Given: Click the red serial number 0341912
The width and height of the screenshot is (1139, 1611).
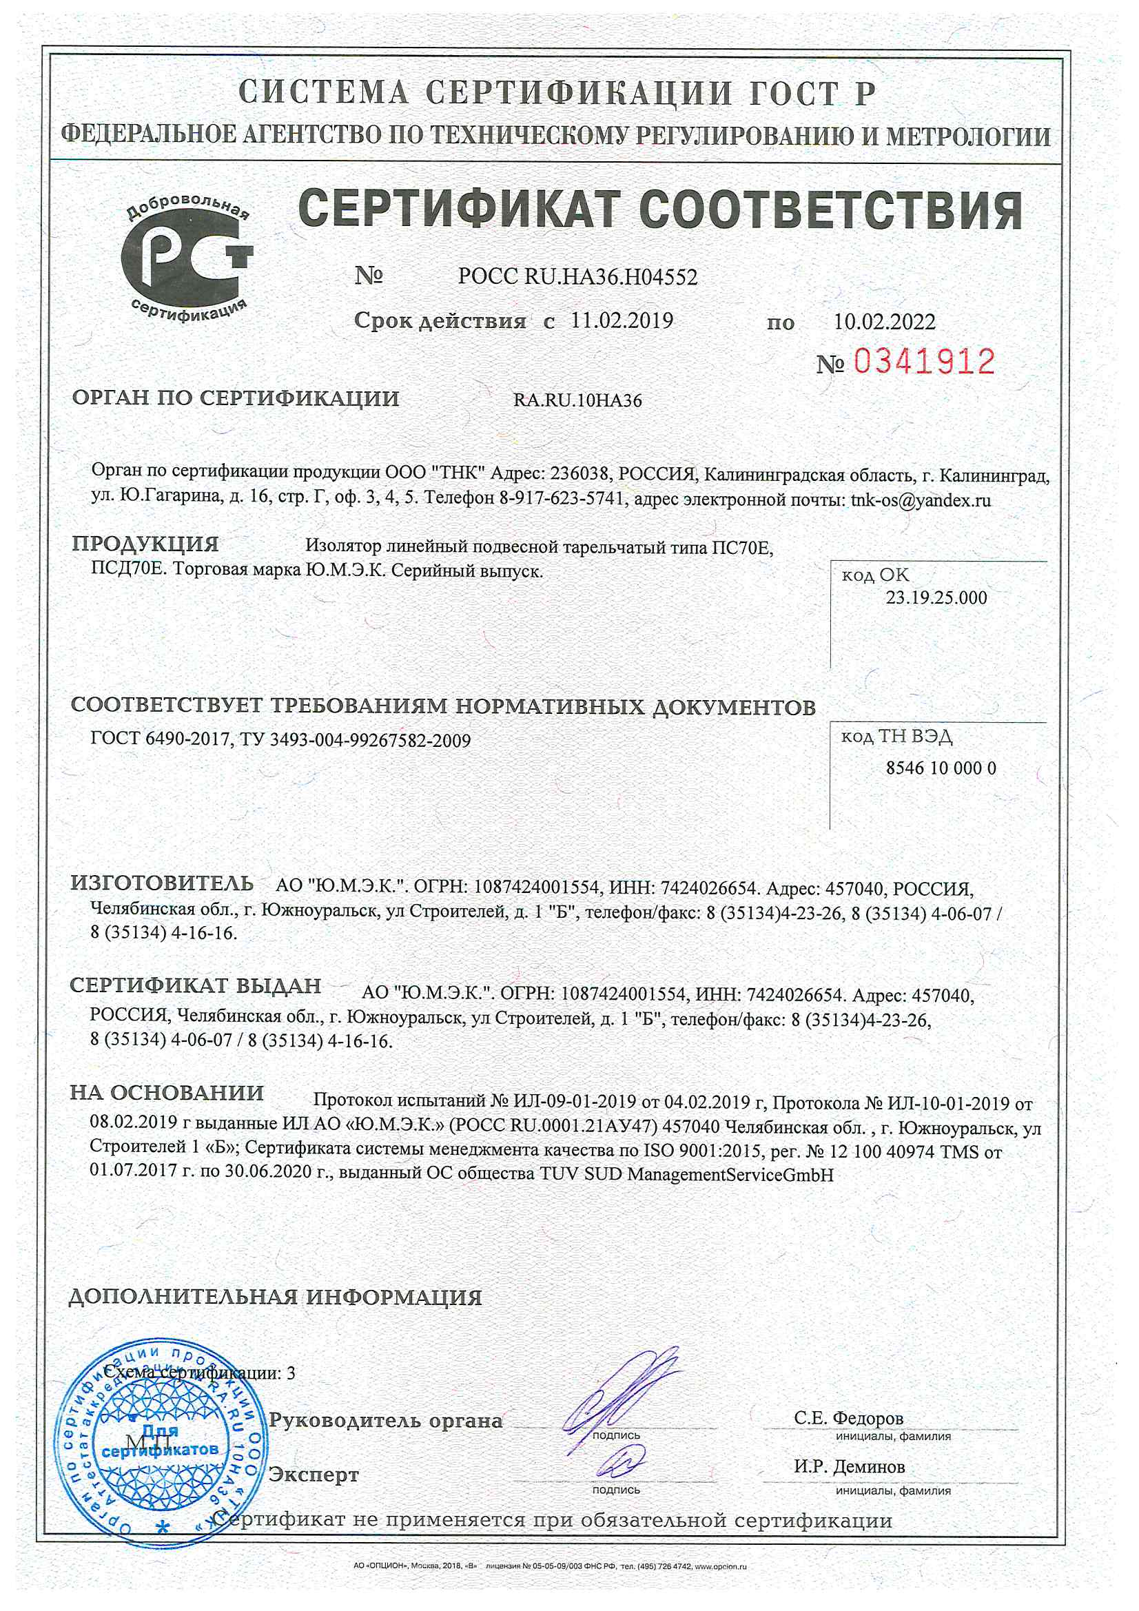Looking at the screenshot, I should tap(924, 362).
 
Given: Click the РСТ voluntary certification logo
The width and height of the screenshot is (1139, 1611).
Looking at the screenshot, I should tap(187, 259).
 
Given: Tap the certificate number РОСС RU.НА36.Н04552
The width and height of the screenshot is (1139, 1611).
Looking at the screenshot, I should tap(577, 277).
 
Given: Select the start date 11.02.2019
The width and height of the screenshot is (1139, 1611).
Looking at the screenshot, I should tap(622, 320).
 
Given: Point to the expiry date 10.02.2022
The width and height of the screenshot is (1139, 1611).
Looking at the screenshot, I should tap(884, 322).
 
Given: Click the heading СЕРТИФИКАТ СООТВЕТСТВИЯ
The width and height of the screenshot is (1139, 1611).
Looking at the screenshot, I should tap(659, 209).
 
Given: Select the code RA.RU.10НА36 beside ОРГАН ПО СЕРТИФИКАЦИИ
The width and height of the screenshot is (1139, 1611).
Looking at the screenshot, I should tap(577, 400).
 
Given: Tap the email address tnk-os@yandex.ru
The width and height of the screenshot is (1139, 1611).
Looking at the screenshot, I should tap(921, 500).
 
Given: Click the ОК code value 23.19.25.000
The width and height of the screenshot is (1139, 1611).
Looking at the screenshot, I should tap(936, 598).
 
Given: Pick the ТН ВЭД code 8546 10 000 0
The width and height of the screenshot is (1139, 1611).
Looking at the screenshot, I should tap(941, 768).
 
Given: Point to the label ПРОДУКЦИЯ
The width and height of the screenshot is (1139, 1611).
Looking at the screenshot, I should tap(145, 544).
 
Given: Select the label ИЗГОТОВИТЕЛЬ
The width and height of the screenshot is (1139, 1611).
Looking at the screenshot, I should tap(162, 883).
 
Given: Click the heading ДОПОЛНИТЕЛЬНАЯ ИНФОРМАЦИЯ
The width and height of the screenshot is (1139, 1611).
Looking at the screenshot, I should tap(275, 1297).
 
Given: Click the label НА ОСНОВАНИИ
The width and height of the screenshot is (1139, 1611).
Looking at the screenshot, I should tap(167, 1092).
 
